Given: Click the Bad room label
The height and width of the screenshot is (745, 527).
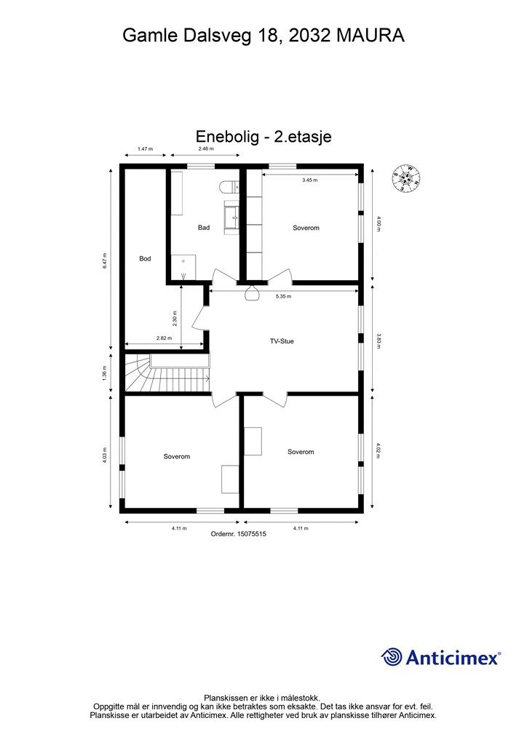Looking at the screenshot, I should click(204, 228).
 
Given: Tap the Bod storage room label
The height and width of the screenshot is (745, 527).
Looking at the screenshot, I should click(145, 258).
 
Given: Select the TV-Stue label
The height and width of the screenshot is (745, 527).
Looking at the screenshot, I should click(282, 340).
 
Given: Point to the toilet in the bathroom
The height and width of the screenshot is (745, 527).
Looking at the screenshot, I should click(229, 187).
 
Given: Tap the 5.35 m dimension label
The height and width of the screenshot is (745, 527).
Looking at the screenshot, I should click(285, 297).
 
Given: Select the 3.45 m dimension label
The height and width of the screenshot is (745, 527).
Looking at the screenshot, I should click(310, 180).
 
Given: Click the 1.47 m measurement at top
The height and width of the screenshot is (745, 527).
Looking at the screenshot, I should click(145, 148).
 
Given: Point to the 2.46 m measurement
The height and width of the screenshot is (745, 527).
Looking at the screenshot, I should click(206, 148).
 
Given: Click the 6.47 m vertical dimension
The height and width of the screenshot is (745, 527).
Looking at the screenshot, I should click(105, 262).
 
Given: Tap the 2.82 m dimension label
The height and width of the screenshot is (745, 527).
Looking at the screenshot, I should click(164, 338).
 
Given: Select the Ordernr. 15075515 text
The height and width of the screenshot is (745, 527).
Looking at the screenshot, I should click(239, 533).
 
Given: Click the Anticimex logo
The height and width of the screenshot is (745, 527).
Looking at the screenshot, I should click(441, 658).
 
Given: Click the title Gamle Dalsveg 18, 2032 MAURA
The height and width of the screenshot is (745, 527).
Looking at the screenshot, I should click(263, 35).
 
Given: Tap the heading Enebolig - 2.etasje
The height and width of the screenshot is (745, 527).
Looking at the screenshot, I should click(263, 136).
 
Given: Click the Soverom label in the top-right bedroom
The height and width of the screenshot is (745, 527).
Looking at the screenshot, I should click(306, 228).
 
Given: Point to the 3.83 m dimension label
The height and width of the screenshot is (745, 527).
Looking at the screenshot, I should click(379, 340).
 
